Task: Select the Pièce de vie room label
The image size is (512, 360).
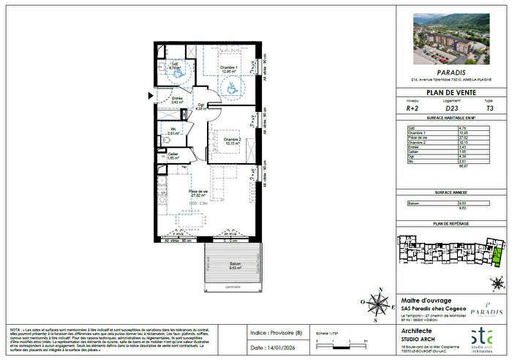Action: [178, 192]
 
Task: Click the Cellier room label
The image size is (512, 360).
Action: [173, 154]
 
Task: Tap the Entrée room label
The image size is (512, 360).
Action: [176, 98]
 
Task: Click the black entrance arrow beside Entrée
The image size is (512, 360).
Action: [151, 95]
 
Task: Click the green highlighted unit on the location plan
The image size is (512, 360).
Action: [498, 258]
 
